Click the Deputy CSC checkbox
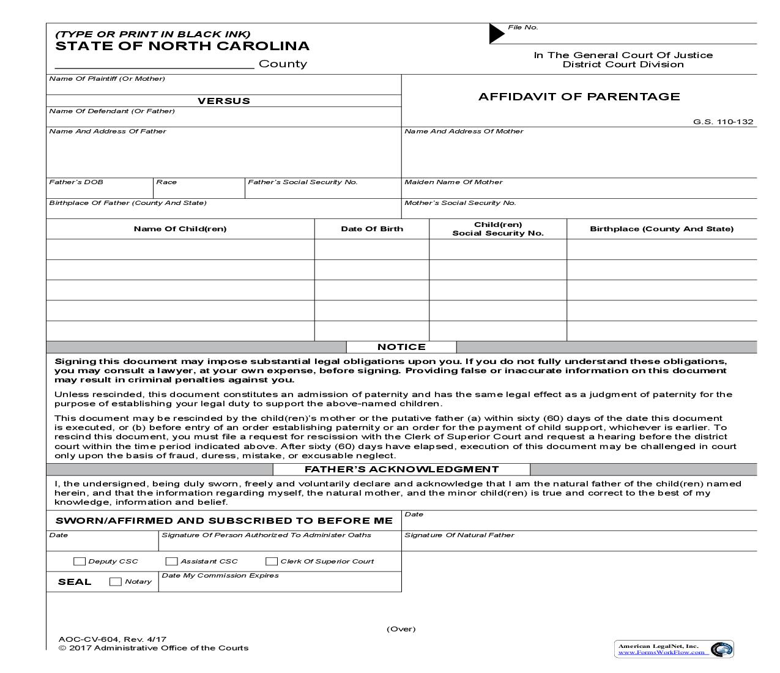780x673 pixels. [x=80, y=561]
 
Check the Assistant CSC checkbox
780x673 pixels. [x=171, y=561]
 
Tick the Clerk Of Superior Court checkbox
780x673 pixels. [x=272, y=561]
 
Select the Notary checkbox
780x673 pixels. [x=115, y=582]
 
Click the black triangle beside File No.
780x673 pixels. [x=496, y=34]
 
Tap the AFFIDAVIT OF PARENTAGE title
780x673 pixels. [x=579, y=97]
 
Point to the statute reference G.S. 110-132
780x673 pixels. [x=722, y=122]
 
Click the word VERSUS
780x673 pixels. [x=223, y=101]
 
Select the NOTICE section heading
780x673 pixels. [x=401, y=347]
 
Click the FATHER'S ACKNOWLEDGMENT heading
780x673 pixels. [x=401, y=469]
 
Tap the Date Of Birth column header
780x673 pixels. [x=372, y=229]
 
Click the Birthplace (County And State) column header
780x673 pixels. [x=661, y=229]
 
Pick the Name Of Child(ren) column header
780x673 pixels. [x=180, y=229]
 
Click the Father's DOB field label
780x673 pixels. [x=76, y=182]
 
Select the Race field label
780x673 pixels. [x=166, y=182]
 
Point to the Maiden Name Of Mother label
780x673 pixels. [x=453, y=182]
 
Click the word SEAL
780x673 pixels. [x=75, y=582]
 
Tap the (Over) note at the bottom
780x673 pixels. [x=401, y=629]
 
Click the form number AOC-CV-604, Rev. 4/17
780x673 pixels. [x=113, y=639]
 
